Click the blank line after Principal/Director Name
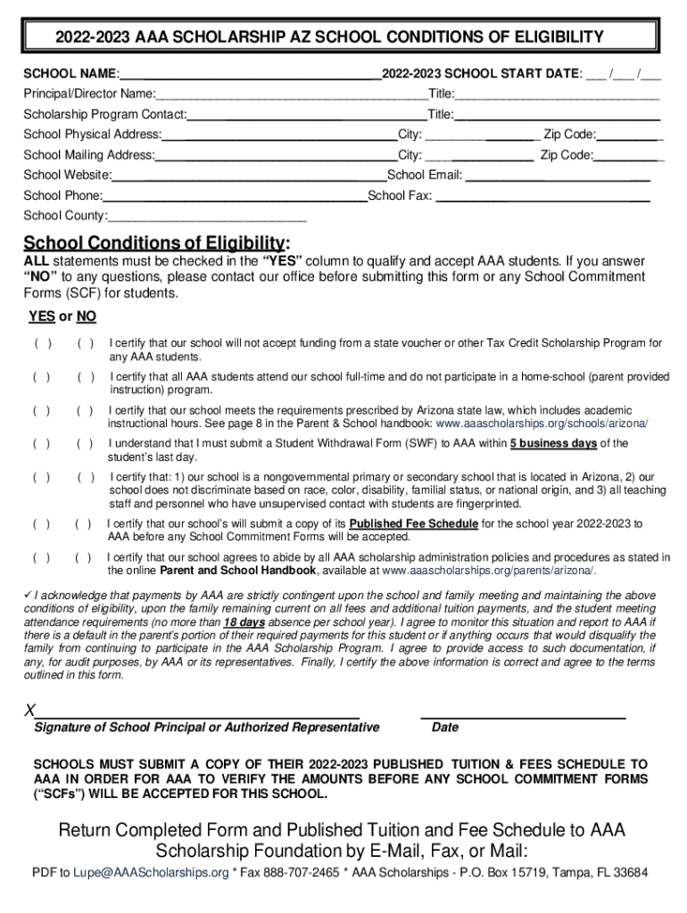click(x=291, y=95)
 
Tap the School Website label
click(x=67, y=175)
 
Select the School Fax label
click(x=400, y=195)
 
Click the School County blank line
click(x=207, y=217)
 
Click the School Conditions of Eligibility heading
click(x=156, y=243)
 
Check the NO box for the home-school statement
click(x=86, y=377)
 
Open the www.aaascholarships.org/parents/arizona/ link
click(x=489, y=571)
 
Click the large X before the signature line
click(x=30, y=711)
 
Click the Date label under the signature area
click(x=444, y=728)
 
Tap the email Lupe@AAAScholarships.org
click(x=151, y=872)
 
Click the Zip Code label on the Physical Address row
click(x=569, y=135)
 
